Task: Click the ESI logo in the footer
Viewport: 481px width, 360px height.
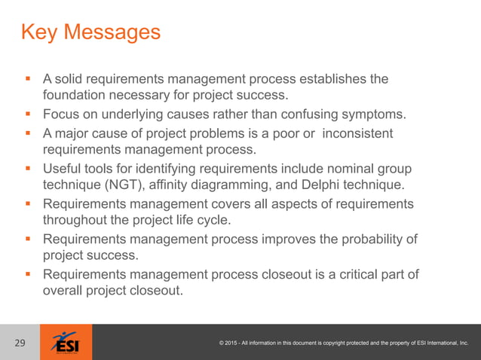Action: pyautogui.click(x=71, y=343)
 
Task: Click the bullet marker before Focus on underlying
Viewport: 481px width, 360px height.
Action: pyautogui.click(x=27, y=114)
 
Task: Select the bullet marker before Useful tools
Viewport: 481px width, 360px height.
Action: pyautogui.click(x=27, y=169)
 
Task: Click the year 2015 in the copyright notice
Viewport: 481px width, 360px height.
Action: pyautogui.click(x=236, y=343)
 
